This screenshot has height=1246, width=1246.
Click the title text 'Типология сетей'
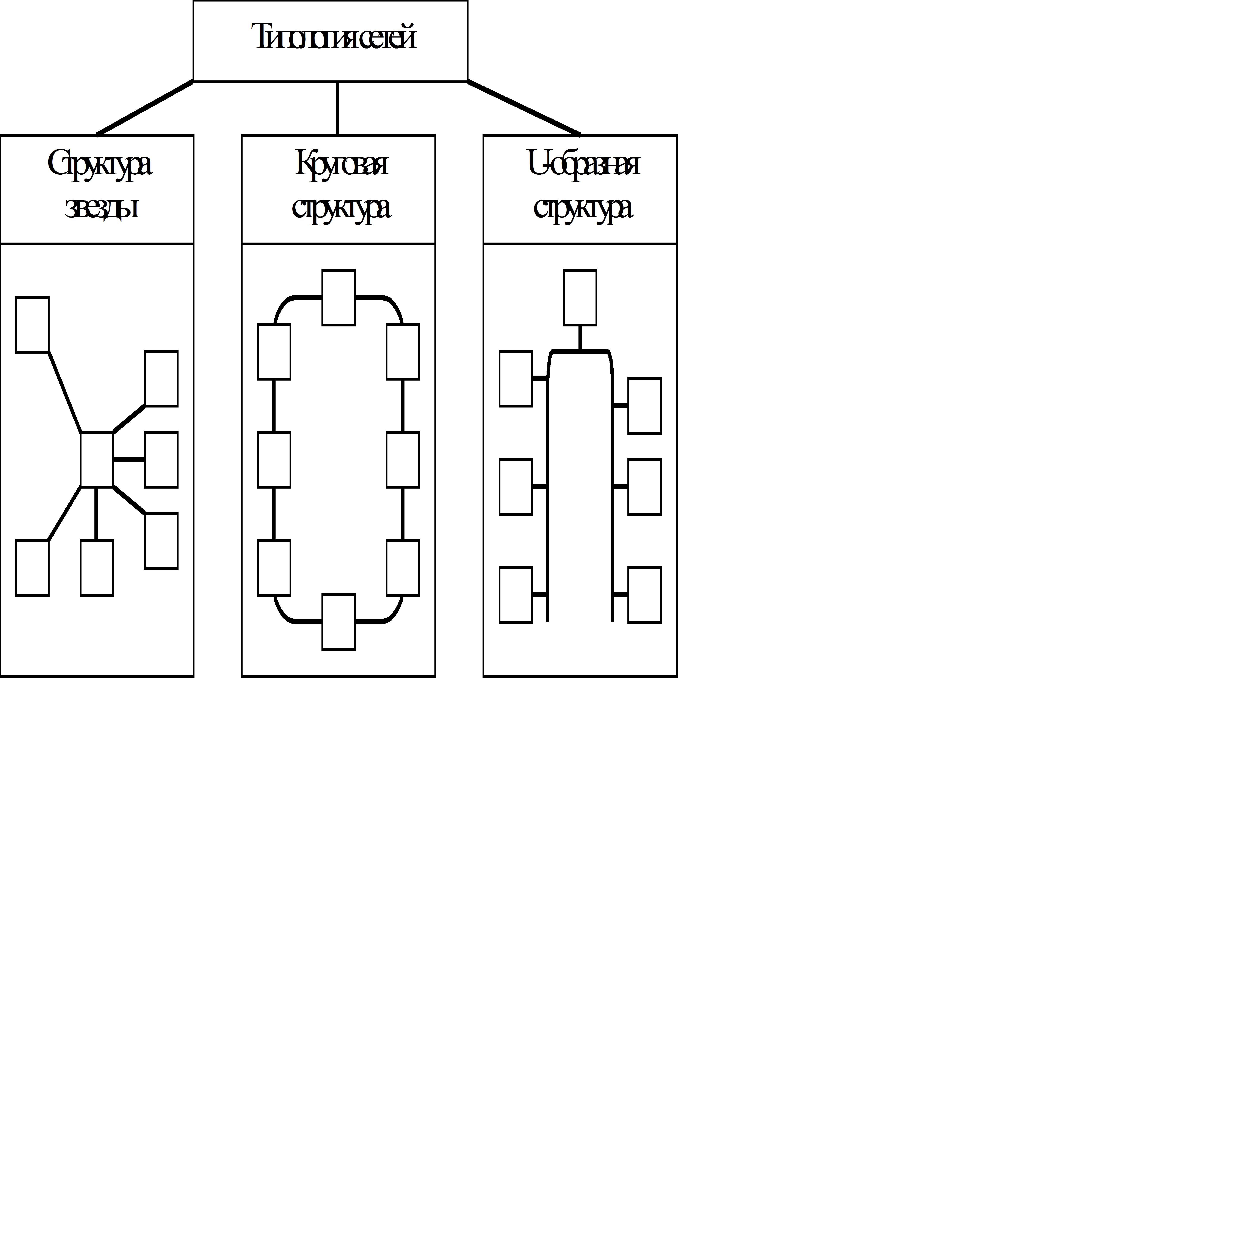334,37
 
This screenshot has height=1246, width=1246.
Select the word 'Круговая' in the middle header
341,164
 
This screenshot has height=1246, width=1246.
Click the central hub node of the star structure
97,459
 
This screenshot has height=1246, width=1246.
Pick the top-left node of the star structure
32,324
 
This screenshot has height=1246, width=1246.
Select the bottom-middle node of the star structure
97,567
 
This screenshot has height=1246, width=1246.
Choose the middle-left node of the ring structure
274,459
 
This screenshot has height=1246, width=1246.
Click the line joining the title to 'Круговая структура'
338,108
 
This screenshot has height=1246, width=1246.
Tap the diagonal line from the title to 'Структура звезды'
145,108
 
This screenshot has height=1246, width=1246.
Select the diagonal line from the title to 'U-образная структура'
524,108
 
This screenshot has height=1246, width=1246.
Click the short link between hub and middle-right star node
129,459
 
